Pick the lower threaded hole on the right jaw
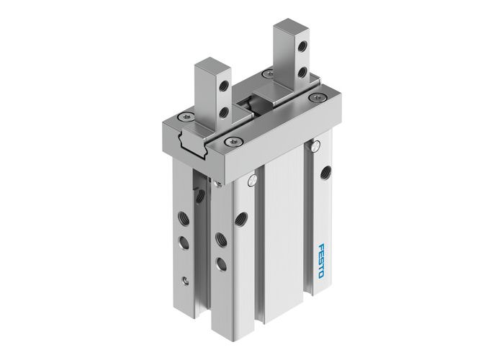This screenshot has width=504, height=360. click(x=302, y=73)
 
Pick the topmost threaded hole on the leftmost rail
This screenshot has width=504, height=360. click(x=195, y=192)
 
